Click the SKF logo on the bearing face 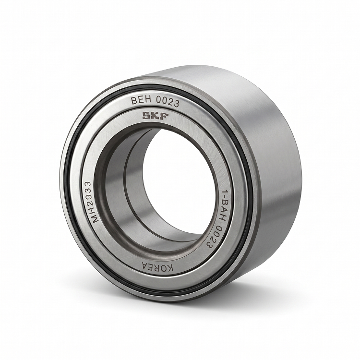pyautogui.click(x=155, y=116)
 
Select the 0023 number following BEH pyautogui.click(x=168, y=102)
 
